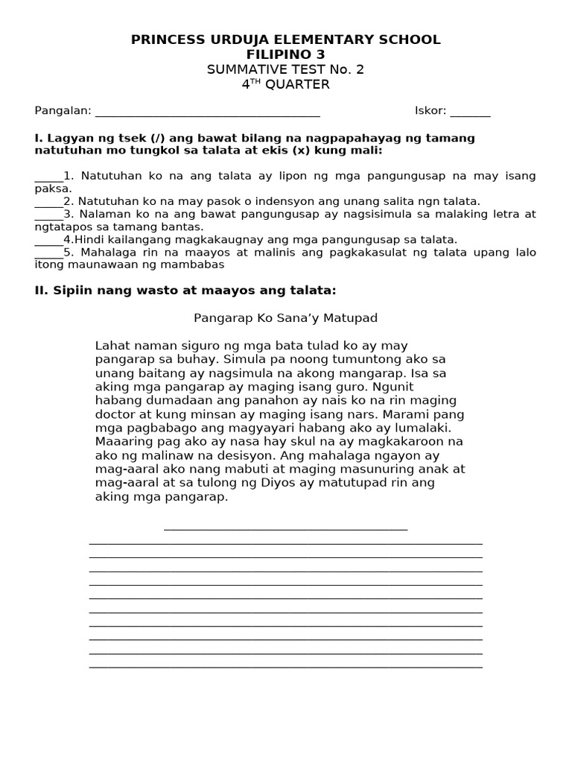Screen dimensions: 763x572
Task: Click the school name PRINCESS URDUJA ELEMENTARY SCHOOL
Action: [286, 39]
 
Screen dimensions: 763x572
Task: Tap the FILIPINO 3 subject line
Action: [286, 54]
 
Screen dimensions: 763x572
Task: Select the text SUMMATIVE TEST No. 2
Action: [286, 69]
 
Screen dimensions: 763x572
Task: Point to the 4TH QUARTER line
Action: [286, 84]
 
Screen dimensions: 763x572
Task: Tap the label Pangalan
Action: [63, 111]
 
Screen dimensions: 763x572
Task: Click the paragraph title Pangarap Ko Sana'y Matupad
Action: [286, 318]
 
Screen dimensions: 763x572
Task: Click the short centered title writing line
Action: [286, 528]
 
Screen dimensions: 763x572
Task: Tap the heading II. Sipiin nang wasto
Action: [180, 291]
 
